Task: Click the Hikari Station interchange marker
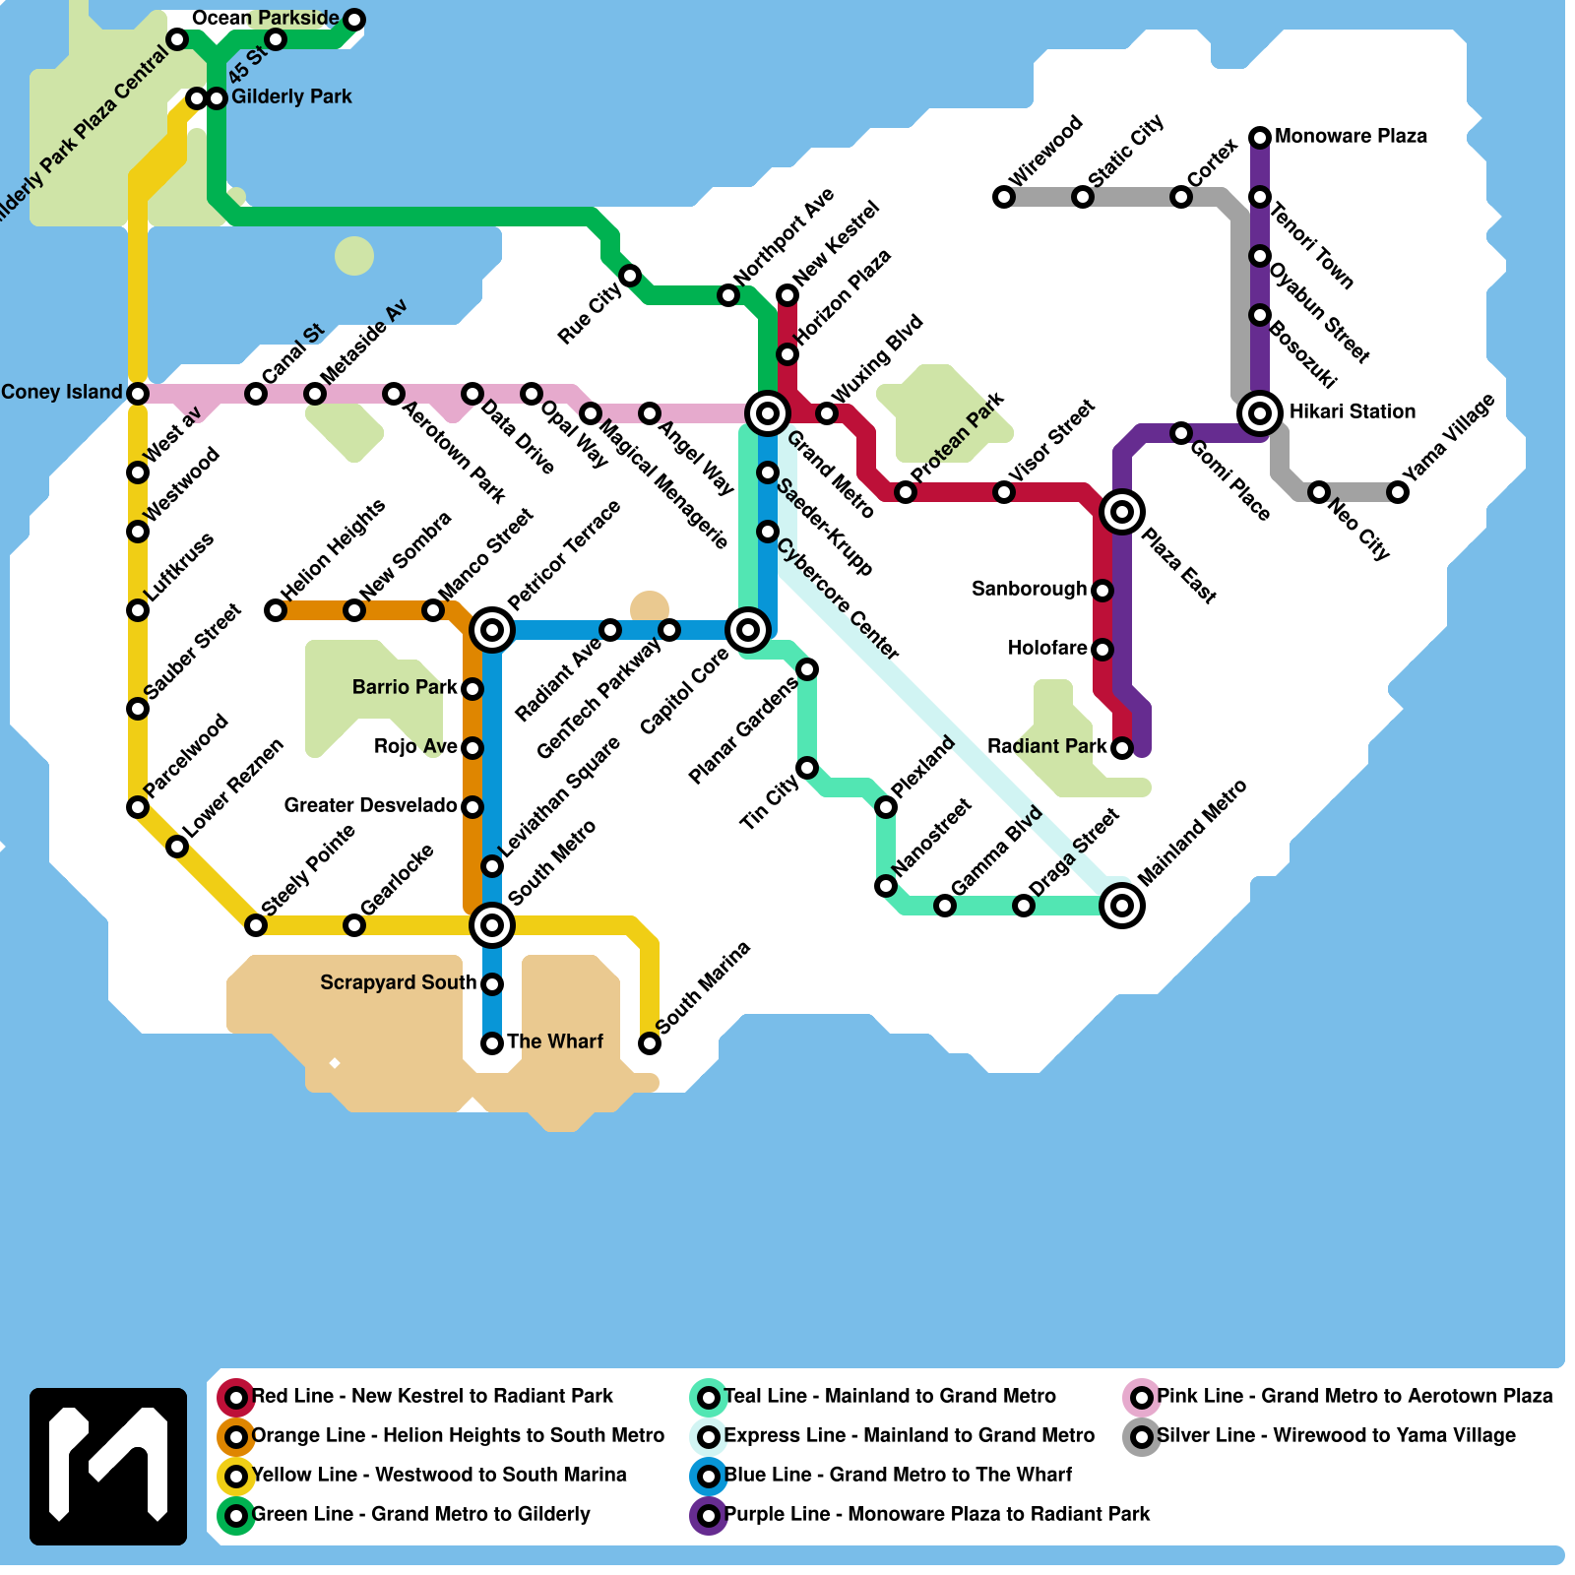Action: pos(1260,413)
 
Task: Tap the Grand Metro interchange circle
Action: pos(768,413)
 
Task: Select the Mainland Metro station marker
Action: pos(1122,906)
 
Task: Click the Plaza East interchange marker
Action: pos(1122,512)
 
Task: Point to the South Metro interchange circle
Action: pos(492,925)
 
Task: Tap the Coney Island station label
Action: pos(62,392)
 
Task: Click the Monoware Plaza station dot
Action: pos(1260,138)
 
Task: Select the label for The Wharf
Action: pos(555,1041)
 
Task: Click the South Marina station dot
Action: pos(650,1043)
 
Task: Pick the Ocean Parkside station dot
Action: pos(354,20)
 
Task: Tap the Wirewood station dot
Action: pos(1004,197)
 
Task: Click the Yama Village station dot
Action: pos(1398,492)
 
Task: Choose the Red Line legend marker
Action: pos(236,1397)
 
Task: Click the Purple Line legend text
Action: pos(937,1514)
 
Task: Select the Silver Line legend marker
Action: pos(1142,1437)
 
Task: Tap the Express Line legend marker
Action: pos(709,1437)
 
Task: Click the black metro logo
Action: pos(108,1467)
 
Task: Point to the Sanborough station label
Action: pos(1029,589)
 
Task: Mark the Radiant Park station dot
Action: pos(1122,748)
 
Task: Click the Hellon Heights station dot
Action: pos(276,610)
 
